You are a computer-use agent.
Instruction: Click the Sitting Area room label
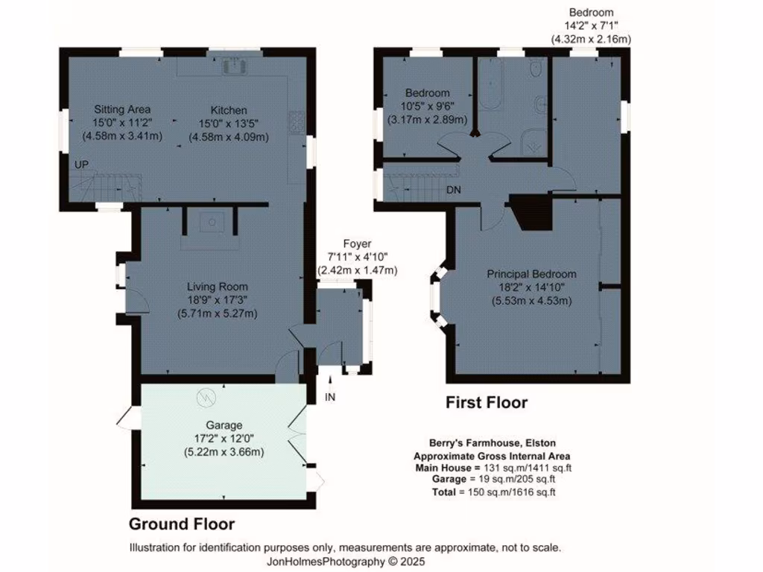click(x=121, y=109)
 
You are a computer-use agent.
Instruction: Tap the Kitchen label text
click(x=228, y=109)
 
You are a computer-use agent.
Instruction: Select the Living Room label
click(x=217, y=287)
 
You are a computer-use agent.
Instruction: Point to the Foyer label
click(x=357, y=244)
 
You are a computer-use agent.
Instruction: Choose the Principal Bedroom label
click(x=531, y=274)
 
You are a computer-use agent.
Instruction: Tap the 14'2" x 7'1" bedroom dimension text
click(x=591, y=25)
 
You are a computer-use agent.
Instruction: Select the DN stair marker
click(x=453, y=190)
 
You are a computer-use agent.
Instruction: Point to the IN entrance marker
click(x=330, y=397)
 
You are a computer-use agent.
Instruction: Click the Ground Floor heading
click(x=182, y=524)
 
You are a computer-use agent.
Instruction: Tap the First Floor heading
click(x=487, y=403)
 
